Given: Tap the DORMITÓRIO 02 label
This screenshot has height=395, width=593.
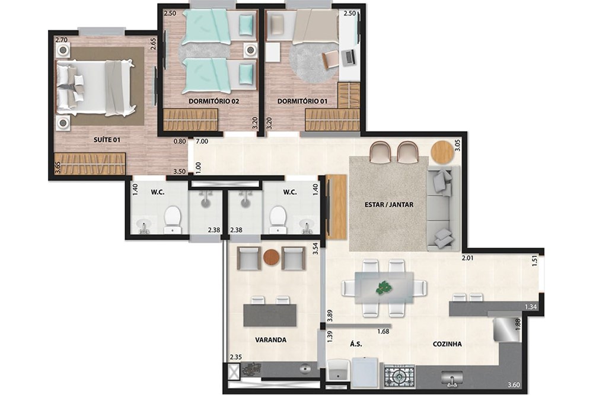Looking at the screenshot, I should point(213,101).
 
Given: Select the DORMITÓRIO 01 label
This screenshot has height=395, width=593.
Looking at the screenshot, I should point(302,101).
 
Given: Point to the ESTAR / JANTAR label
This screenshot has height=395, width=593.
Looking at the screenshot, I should point(389,205).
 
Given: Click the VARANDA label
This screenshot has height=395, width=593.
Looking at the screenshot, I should point(272,340).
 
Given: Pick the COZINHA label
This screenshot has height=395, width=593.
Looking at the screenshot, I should point(447,343).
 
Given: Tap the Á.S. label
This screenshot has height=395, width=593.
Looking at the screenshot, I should point(356,343).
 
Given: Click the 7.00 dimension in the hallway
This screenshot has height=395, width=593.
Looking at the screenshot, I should point(202,142).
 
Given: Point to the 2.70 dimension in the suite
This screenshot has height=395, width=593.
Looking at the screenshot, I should point(61,40).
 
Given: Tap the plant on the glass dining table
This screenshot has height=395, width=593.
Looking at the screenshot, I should point(384,288).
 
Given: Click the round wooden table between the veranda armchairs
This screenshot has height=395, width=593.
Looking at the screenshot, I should point(271,258).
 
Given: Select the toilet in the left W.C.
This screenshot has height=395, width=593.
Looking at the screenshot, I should point(172,220).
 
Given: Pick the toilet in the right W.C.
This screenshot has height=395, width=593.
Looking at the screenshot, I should point(278,220).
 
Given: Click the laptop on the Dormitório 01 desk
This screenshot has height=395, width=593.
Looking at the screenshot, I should point(348,57).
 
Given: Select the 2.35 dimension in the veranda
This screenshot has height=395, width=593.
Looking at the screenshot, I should point(237,357).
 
